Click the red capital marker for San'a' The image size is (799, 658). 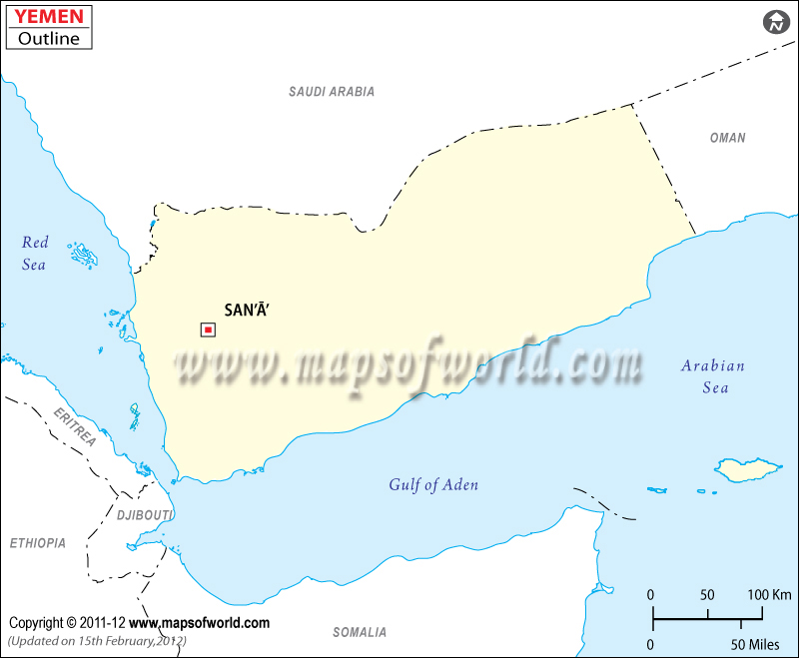pos(208,329)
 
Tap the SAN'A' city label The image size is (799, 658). pos(247,311)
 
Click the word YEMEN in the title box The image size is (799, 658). pos(48,17)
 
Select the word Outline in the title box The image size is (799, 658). pos(48,39)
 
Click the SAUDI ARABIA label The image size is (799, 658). pos(332,92)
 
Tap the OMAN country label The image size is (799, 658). pos(727,138)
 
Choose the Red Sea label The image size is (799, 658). pos(35,253)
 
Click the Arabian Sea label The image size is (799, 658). pos(713,375)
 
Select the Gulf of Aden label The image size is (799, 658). pos(433,485)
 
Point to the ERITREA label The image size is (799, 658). pos(75,427)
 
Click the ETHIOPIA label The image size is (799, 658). pos(38,543)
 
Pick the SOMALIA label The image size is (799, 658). pos(360,632)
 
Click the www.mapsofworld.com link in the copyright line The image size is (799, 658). pos(200,623)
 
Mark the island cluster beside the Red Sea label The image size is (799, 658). pos(85,256)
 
